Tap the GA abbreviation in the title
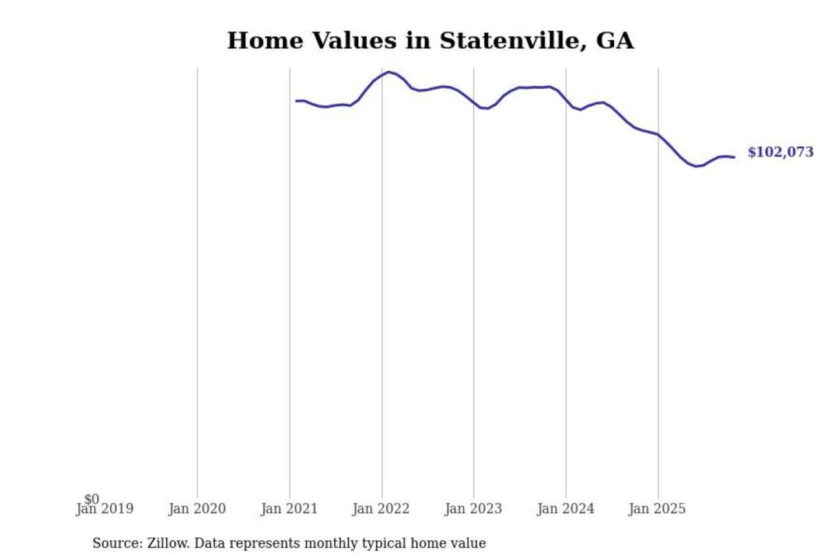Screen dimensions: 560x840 point(614,41)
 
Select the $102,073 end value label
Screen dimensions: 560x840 point(780,152)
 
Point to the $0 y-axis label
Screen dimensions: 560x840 point(92,499)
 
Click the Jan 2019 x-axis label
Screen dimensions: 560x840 point(104,509)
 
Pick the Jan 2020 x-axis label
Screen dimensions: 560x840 point(197,509)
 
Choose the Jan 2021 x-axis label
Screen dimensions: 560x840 point(289,509)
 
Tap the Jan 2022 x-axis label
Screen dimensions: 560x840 point(381,509)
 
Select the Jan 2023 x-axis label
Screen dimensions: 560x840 point(473,509)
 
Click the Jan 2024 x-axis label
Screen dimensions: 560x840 point(565,509)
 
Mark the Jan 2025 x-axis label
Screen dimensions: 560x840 point(657,509)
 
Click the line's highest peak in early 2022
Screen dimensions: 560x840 point(389,72)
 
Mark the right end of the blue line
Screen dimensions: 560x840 point(734,157)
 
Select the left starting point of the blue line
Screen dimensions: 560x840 point(296,101)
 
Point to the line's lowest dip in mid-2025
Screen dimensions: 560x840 point(695,166)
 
